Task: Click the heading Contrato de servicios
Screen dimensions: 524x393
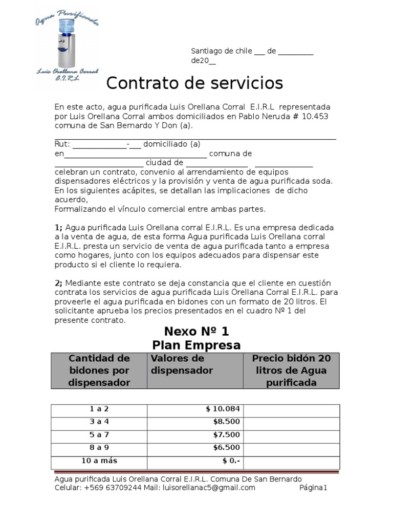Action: [194, 82]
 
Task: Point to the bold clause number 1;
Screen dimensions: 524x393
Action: [58, 227]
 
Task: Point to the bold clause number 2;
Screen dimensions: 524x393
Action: [58, 283]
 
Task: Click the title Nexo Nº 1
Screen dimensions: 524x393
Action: [196, 331]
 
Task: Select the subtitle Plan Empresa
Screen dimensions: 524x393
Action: [196, 345]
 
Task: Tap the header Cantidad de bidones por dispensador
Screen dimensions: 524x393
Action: [99, 370]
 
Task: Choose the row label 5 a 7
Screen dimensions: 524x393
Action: [99, 435]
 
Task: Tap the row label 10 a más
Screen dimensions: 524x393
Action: [99, 461]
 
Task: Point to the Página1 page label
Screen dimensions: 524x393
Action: [313, 488]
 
